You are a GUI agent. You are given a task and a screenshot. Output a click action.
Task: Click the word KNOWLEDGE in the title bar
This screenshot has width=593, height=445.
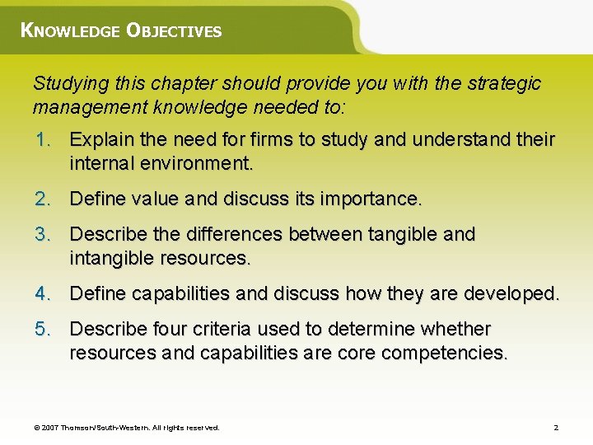(69, 31)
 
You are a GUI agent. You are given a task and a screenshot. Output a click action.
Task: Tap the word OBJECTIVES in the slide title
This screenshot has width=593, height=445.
(174, 31)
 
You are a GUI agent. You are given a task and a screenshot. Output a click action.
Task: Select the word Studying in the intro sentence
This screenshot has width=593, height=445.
(66, 84)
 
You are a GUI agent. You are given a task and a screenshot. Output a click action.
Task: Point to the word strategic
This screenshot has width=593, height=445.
(503, 83)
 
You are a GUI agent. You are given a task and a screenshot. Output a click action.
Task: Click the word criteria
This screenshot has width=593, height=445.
(220, 329)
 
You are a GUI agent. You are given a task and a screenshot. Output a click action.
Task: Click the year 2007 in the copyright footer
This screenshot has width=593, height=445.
(50, 428)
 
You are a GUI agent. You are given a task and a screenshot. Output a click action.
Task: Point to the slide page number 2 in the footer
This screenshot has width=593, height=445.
(556, 428)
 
